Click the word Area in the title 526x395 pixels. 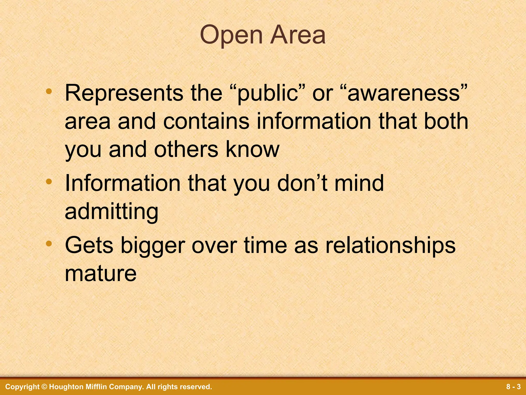(x=298, y=35)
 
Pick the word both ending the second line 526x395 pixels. (x=446, y=121)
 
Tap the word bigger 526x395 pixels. (x=153, y=246)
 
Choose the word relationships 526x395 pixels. (x=390, y=246)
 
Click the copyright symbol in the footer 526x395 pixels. (x=44, y=387)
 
